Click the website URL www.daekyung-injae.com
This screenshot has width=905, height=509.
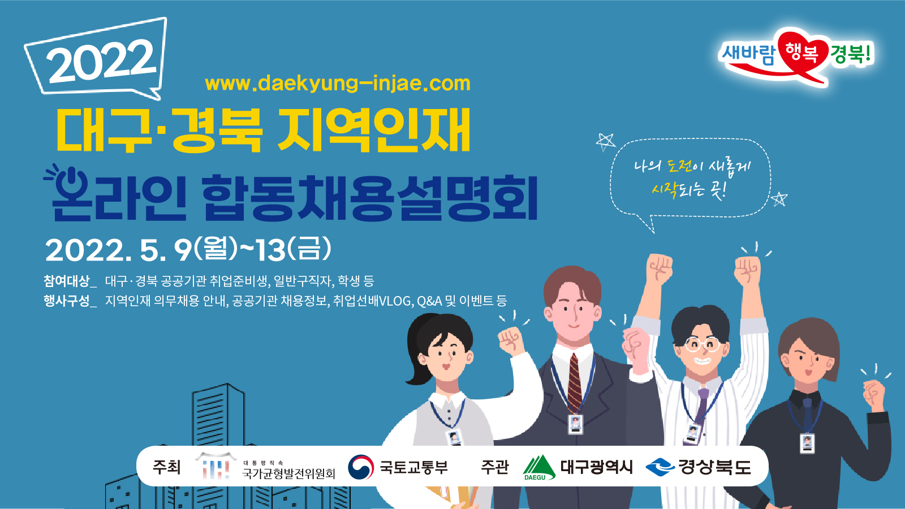click(x=338, y=84)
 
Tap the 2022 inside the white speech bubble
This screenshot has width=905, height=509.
click(x=101, y=61)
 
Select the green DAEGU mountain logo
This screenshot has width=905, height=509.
click(x=539, y=467)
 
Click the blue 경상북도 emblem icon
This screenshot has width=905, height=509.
click(x=660, y=467)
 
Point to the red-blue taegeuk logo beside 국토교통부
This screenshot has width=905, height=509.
click(x=361, y=467)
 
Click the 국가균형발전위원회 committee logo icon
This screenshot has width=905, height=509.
click(x=216, y=466)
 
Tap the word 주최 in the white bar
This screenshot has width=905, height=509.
click(x=166, y=467)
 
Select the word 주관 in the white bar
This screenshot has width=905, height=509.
click(x=494, y=467)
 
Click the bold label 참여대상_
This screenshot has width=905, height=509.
click(x=70, y=281)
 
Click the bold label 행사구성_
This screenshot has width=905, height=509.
click(x=70, y=301)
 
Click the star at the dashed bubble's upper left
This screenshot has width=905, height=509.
click(x=606, y=142)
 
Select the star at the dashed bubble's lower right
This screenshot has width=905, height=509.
click(x=779, y=199)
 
